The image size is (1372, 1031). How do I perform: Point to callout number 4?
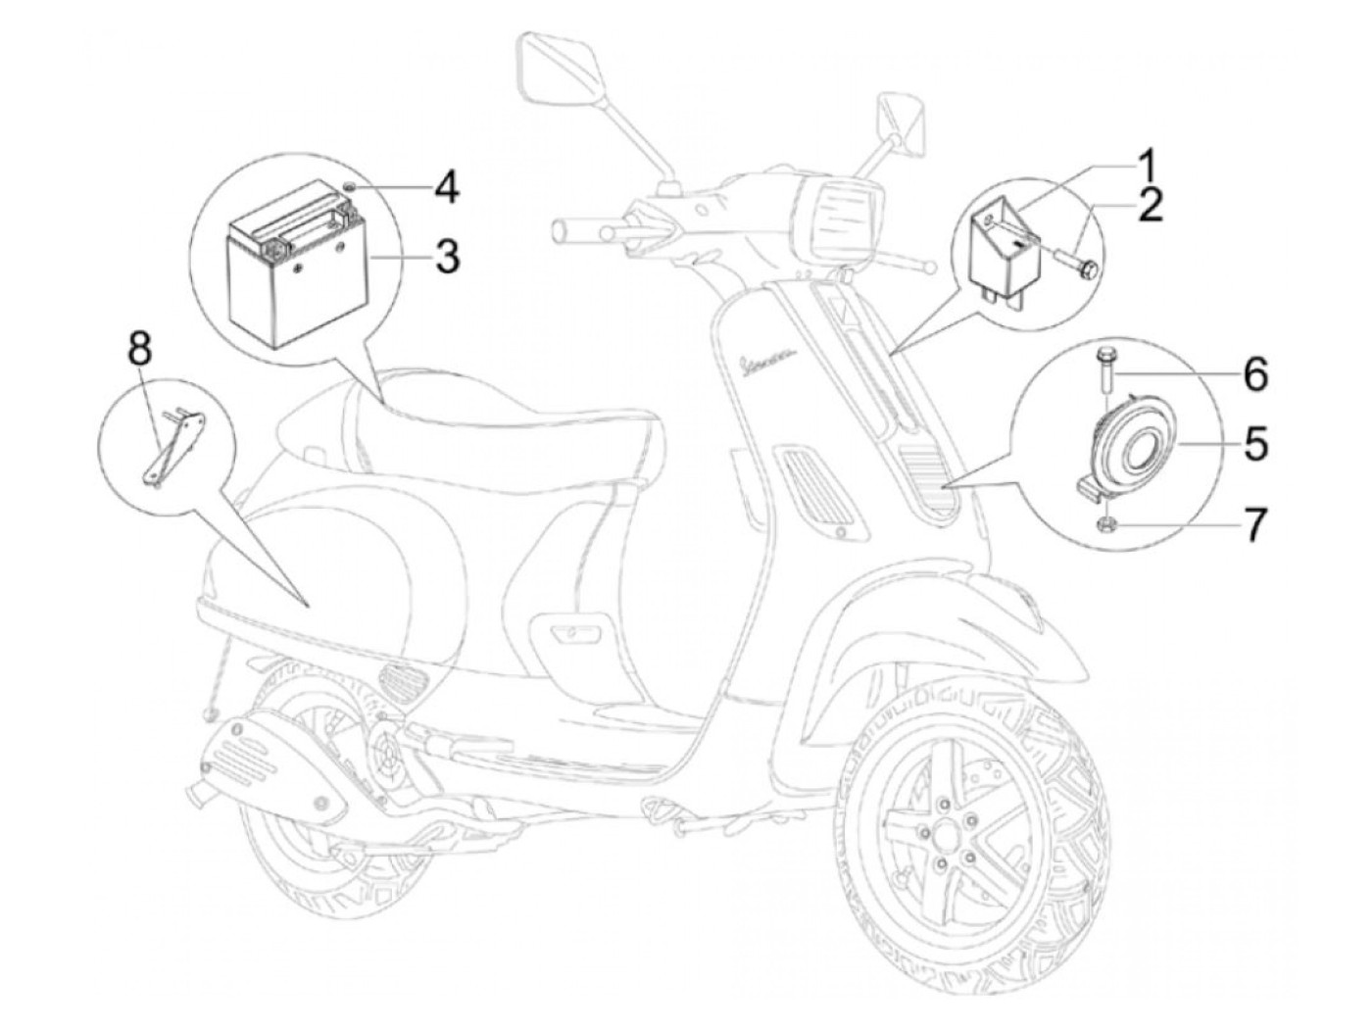point(446,185)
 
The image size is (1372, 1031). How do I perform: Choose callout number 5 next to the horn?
point(1255,443)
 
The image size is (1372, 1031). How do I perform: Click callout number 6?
point(1255,373)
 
